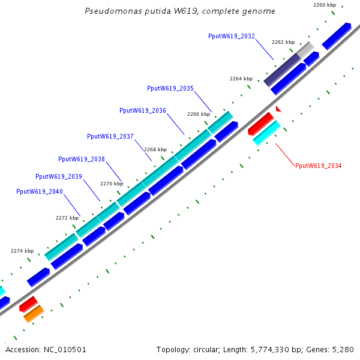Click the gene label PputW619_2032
[232, 37]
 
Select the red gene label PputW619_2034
[318, 166]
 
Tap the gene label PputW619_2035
[170, 88]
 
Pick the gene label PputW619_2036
[143, 110]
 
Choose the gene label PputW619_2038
[82, 159]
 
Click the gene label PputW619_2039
[59, 176]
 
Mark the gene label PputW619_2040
[40, 191]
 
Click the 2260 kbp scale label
[325, 5]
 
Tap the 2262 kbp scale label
[283, 42]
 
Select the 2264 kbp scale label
[241, 79]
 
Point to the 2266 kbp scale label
[199, 114]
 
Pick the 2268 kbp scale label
[155, 149]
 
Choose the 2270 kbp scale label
[112, 184]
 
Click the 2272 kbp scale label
[67, 218]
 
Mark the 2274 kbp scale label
[22, 251]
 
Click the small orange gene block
[34, 313]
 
